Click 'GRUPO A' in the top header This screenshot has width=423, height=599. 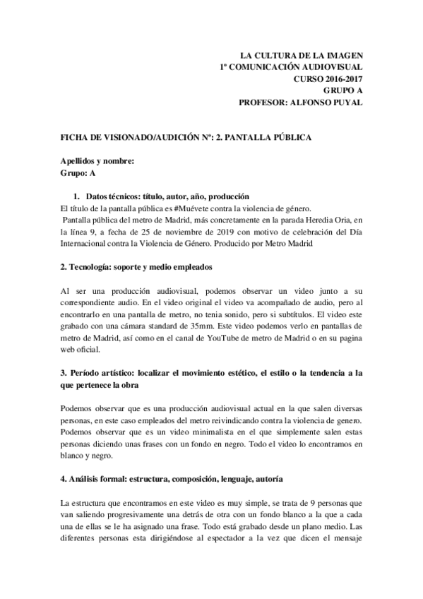[342, 90]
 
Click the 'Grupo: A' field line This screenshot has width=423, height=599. [78, 172]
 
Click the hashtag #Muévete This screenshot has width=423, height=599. [197, 208]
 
